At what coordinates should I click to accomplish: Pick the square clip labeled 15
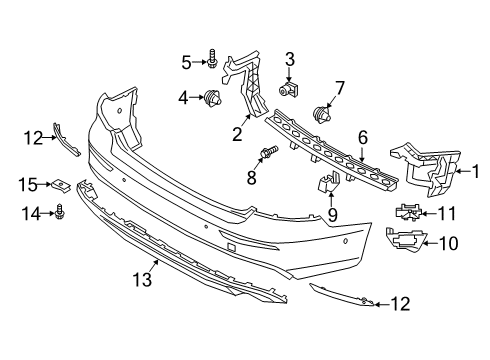click(61, 185)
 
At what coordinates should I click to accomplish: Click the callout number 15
click(31, 184)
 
